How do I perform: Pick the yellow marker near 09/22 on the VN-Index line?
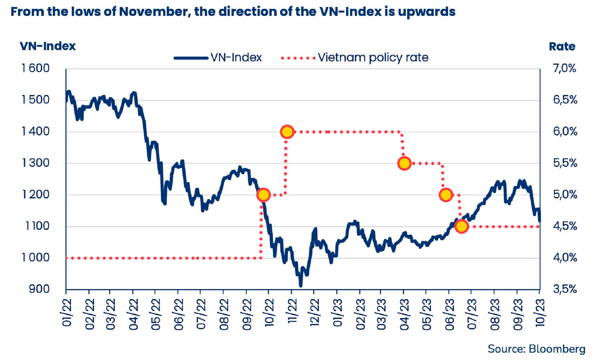click(263, 195)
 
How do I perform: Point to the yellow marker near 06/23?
click(446, 195)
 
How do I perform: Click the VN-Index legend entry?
click(218, 57)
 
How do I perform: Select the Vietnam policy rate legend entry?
click(355, 57)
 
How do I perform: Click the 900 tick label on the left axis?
click(39, 289)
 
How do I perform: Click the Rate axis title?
click(562, 47)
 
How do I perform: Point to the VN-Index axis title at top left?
click(48, 46)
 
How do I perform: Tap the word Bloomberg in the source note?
click(557, 349)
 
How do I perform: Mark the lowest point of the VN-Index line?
click(300, 286)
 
